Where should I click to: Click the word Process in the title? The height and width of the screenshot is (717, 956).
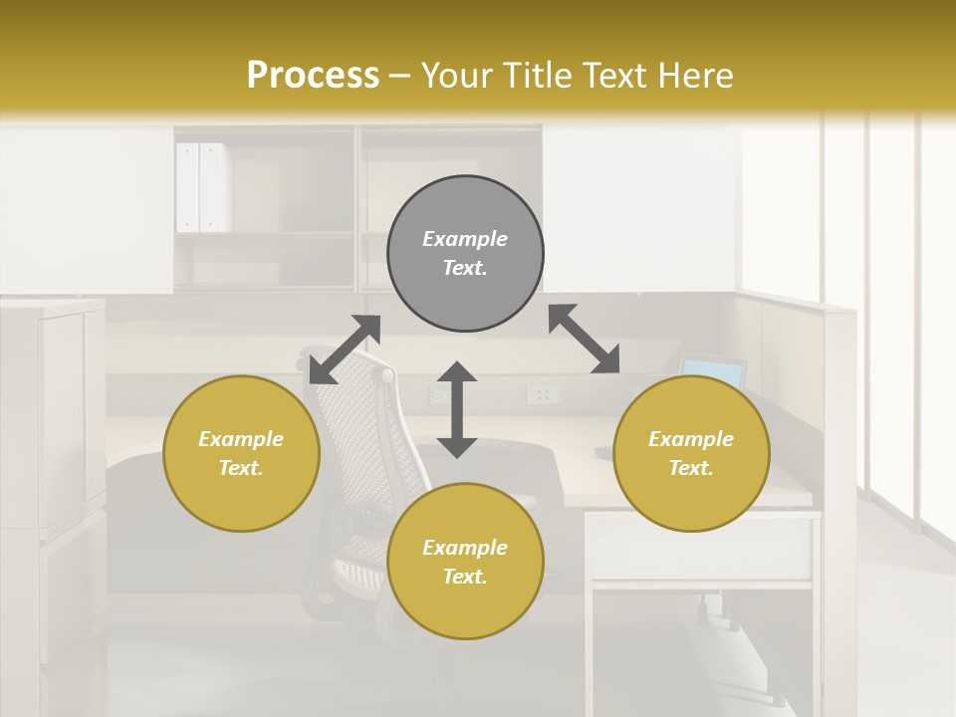[x=313, y=76]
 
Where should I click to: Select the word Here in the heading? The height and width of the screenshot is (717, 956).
[x=694, y=76]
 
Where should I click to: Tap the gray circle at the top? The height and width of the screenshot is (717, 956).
[x=465, y=253]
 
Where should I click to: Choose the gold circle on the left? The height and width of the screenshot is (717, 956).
[x=241, y=453]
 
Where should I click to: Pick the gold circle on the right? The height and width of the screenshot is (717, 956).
[x=691, y=453]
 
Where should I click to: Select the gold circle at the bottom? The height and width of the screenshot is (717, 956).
[x=465, y=562]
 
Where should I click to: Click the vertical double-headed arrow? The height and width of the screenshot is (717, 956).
[x=457, y=409]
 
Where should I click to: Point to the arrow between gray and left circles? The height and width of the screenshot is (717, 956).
[x=345, y=350]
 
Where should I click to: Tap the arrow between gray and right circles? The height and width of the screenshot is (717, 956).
[x=584, y=339]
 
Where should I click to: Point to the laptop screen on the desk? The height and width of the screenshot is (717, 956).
[x=714, y=372]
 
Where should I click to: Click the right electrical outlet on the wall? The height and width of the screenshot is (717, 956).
[x=543, y=395]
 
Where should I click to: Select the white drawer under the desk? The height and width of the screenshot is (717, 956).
[x=700, y=548]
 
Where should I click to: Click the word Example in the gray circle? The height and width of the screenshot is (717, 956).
[x=465, y=239]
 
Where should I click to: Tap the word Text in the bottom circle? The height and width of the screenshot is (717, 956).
[x=465, y=577]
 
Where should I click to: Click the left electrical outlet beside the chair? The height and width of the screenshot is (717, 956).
[x=439, y=395]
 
